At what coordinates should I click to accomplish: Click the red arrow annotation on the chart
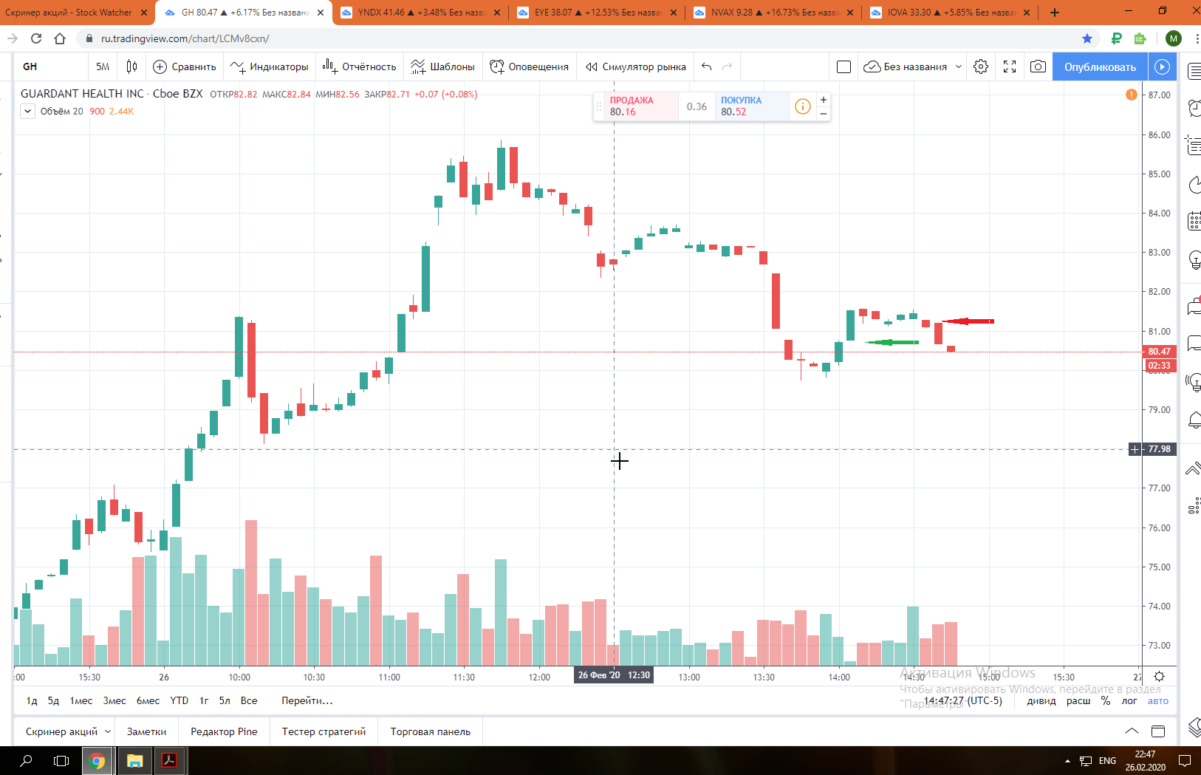pos(969,321)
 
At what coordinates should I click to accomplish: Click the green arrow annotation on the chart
pos(892,342)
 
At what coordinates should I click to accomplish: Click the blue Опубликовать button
pos(1100,67)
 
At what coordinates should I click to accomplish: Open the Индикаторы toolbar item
pos(270,67)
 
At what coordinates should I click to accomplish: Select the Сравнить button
pos(185,67)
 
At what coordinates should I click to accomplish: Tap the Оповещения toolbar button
pos(530,67)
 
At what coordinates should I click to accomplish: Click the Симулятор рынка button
pos(636,67)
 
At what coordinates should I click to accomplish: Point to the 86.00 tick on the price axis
pos(1159,135)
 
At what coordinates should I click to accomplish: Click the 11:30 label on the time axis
pos(464,677)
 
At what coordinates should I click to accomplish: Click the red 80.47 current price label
pos(1159,352)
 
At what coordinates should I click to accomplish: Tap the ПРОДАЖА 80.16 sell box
pos(635,106)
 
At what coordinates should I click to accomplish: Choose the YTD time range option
pos(179,700)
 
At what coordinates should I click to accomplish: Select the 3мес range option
pos(114,700)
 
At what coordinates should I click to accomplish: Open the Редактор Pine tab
pos(224,731)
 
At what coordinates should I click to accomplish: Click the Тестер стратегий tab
pos(324,731)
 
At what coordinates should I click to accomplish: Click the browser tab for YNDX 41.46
pos(417,13)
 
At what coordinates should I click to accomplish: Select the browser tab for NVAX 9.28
pos(772,13)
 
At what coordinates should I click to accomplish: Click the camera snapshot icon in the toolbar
pos(1038,67)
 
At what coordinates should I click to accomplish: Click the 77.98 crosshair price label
pos(1159,449)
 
